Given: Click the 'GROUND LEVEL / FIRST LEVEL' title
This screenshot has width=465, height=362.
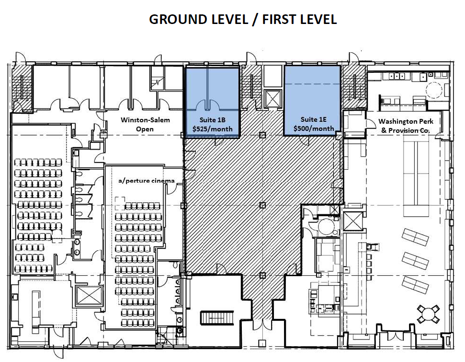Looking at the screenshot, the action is [x=243, y=19].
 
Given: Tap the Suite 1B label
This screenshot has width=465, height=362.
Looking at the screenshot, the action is [x=212, y=120].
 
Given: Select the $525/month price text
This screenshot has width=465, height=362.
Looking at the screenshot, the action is [x=212, y=129].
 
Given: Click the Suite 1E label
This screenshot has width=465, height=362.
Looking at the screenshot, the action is [x=314, y=119].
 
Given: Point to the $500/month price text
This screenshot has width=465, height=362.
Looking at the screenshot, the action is [x=314, y=128].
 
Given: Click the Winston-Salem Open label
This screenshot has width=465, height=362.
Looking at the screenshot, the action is [x=145, y=125].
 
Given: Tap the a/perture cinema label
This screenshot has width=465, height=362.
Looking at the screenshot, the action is [x=147, y=181].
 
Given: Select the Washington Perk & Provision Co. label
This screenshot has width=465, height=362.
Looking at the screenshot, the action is [x=406, y=126].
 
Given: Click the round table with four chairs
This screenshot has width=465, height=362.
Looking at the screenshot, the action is [x=428, y=314].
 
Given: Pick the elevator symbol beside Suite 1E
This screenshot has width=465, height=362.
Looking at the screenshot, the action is [x=272, y=98].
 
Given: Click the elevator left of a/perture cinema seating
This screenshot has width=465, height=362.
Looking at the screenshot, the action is [x=89, y=295].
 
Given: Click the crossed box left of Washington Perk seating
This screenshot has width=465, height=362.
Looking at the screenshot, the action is [x=353, y=221].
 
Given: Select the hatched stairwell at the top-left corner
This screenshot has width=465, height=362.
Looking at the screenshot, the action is [x=22, y=89].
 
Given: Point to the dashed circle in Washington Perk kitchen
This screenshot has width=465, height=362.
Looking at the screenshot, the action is [x=434, y=89].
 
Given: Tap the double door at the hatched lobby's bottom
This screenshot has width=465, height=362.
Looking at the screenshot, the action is [x=262, y=324].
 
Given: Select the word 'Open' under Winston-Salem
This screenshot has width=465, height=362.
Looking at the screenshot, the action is [x=145, y=129].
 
